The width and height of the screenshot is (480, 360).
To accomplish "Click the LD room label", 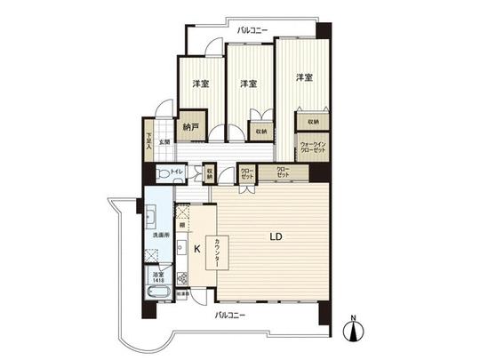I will coord(276,237).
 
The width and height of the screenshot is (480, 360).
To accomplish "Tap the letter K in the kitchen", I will coord(197,249).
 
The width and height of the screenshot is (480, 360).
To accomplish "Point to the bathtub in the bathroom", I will coord(159,292).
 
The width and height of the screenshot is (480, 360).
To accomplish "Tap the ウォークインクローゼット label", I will coord(312,147).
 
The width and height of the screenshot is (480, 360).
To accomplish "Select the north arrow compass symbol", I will coord(355,330).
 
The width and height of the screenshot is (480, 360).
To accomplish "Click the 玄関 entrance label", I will coord(164,141).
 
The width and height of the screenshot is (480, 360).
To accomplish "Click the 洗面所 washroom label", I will coord(160,236).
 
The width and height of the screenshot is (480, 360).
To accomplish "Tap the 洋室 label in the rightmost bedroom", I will coord(304,77).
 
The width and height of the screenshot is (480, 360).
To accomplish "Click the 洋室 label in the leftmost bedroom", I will coord(200,84).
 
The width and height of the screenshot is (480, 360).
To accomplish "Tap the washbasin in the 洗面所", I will coord(150,217).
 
